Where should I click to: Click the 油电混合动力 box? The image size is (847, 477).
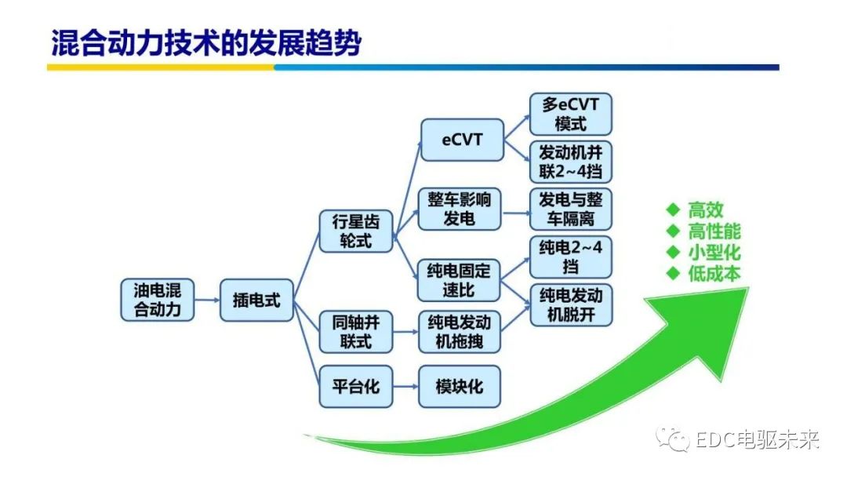pyautogui.click(x=157, y=300)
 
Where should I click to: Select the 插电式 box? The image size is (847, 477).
pyautogui.click(x=256, y=300)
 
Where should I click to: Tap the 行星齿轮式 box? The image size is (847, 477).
pyautogui.click(x=356, y=231)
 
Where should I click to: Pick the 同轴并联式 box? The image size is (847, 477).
pyautogui.click(x=356, y=332)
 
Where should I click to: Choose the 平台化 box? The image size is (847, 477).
pyautogui.click(x=356, y=386)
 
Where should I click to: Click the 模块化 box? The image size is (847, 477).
pyautogui.click(x=460, y=386)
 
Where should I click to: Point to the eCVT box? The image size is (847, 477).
pyautogui.click(x=463, y=140)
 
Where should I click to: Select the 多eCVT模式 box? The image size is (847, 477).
pyautogui.click(x=570, y=114)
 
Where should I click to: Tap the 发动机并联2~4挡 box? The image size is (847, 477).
pyautogui.click(x=570, y=162)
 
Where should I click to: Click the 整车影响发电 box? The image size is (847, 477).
pyautogui.click(x=460, y=209)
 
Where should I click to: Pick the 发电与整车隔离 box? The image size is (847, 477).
pyautogui.click(x=570, y=209)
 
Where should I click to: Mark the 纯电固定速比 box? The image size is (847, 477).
pyautogui.click(x=459, y=280)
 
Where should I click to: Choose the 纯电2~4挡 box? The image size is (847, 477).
pyautogui.click(x=571, y=257)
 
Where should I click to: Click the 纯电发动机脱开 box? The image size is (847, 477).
pyautogui.click(x=571, y=304)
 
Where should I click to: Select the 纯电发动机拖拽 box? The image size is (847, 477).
pyautogui.click(x=460, y=332)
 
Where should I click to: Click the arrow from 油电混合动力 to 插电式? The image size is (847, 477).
pyautogui.click(x=207, y=300)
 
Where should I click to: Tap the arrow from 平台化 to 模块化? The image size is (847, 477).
pyautogui.click(x=405, y=386)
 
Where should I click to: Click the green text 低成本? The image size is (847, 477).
pyautogui.click(x=714, y=273)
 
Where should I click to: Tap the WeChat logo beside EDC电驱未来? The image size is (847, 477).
pyautogui.click(x=673, y=439)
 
